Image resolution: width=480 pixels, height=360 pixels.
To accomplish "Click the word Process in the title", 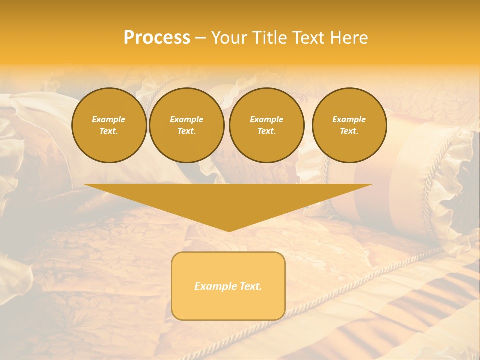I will (x=157, y=38).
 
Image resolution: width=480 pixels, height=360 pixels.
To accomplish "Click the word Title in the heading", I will (x=269, y=38).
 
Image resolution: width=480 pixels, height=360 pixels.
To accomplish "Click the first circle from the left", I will (x=109, y=125).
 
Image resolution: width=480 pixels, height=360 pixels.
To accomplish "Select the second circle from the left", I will (x=186, y=125).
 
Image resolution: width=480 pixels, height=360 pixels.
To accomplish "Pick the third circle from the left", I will (x=266, y=125).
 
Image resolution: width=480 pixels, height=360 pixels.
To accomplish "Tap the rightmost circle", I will (x=349, y=125).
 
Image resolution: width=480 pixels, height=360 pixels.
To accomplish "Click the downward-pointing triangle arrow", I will (x=228, y=200).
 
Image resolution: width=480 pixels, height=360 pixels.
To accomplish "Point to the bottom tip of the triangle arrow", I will (x=229, y=231).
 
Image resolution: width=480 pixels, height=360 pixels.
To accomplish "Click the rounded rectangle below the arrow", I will (x=228, y=286).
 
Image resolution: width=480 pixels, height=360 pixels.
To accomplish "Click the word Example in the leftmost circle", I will (x=109, y=119).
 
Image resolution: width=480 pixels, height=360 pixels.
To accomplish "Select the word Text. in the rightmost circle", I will (x=349, y=131).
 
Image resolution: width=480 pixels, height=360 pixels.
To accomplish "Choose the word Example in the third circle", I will (x=266, y=119).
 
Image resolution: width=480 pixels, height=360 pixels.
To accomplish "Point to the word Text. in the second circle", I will (x=186, y=131).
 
